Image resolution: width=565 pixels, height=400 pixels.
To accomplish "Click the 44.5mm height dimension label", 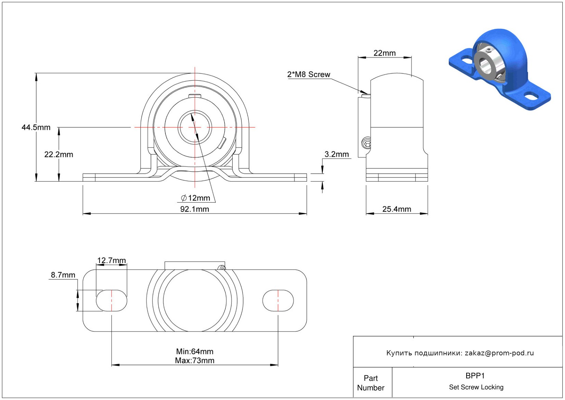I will point(36,127).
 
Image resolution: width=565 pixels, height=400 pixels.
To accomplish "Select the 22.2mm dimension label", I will point(59,155).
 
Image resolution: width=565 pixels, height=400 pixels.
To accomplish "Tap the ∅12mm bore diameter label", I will point(196,198).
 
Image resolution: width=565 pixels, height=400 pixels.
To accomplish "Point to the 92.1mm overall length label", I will point(195,209).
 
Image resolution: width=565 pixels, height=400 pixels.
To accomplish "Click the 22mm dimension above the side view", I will point(385,53).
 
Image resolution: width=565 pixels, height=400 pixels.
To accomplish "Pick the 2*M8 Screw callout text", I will point(308,75).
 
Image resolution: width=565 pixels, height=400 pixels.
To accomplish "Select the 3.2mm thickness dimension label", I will point(337,155).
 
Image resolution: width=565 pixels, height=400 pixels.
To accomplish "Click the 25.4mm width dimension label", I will point(397,209).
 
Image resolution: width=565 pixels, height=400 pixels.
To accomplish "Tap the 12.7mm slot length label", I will point(111,261).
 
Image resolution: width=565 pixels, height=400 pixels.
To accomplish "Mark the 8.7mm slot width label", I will point(63,275).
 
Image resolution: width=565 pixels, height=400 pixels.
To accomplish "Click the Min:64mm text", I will point(195,352).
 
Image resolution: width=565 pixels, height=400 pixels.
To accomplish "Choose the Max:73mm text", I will point(195,361).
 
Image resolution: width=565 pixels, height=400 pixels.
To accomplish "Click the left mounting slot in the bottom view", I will point(111,301).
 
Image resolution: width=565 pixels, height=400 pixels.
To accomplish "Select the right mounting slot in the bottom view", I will point(278,301).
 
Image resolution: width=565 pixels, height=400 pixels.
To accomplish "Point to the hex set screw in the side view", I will point(366,143).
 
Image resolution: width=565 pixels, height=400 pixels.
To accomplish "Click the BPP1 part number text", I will point(475,376).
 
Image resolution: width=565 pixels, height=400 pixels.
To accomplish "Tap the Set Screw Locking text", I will point(476,387).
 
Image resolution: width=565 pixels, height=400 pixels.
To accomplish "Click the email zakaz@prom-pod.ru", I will point(499,353).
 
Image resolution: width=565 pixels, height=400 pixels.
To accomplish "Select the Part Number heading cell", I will point(371,383).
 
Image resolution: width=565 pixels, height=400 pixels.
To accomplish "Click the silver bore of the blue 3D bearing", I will point(484,64).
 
